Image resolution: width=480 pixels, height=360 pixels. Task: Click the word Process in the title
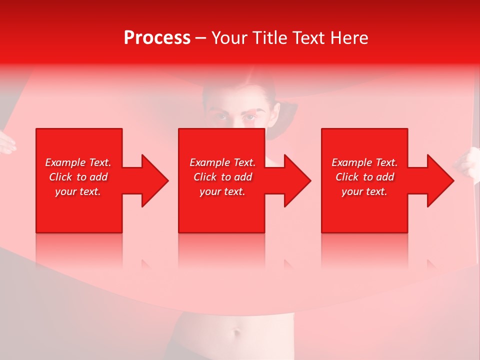[157, 38]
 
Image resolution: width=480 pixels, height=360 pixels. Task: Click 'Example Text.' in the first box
[78, 162]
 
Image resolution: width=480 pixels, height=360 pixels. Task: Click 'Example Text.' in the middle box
[222, 162]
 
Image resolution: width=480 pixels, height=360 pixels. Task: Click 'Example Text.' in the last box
[364, 162]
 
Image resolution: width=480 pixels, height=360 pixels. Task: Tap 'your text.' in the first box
[78, 191]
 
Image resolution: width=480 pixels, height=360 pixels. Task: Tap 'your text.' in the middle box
[222, 191]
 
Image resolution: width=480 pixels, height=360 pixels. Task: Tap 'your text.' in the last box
[364, 191]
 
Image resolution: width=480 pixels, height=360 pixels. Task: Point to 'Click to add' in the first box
[78, 177]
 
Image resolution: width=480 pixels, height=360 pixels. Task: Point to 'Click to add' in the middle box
[222, 177]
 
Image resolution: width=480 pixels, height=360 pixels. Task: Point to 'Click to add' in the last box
[364, 177]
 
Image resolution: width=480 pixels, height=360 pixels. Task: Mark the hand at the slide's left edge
[6, 142]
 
